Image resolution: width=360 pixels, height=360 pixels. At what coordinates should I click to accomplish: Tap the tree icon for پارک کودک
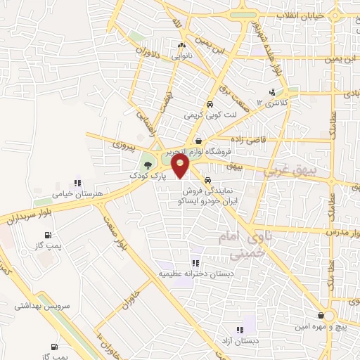pyautogui.click(x=146, y=164)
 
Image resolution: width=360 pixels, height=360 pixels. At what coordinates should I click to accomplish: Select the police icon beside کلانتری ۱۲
pyautogui.click(x=272, y=92)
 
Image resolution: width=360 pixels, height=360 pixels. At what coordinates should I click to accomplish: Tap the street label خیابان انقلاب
pyautogui.click(x=298, y=15)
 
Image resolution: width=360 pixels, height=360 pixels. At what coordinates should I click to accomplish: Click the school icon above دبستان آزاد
pyautogui.click(x=240, y=330)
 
